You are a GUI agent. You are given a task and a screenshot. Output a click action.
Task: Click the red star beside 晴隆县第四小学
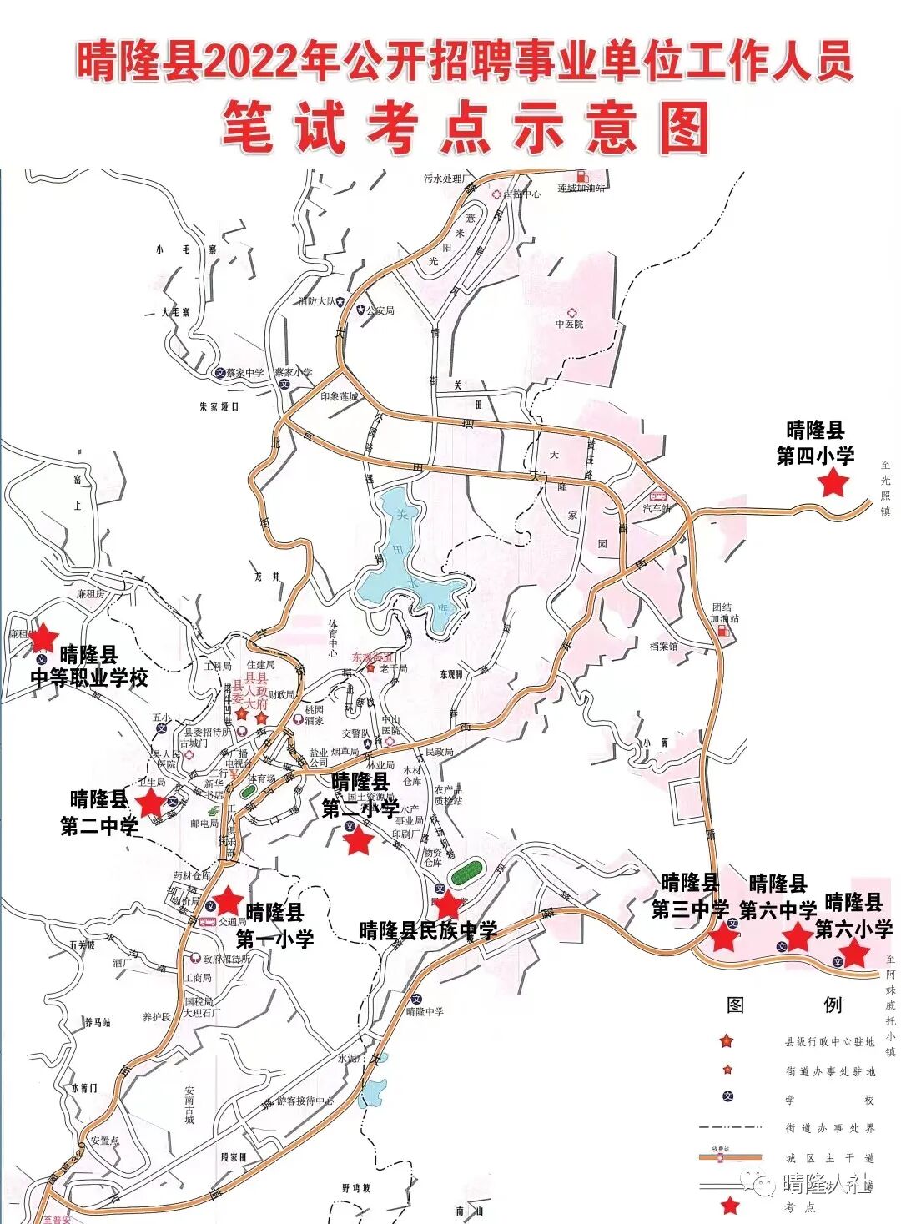pos(833,482)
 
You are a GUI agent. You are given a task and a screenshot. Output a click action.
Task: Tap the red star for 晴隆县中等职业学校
pos(43,638)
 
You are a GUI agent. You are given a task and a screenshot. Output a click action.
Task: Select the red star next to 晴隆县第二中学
pos(151,803)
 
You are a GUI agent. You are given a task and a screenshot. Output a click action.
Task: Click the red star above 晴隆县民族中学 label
pos(448,904)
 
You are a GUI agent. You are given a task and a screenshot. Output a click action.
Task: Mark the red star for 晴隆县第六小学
pos(853,953)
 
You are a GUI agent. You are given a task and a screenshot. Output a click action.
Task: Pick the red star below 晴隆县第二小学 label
pos(359,841)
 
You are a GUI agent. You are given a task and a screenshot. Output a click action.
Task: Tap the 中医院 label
pos(570,324)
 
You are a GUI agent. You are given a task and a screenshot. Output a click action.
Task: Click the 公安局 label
pos(380,310)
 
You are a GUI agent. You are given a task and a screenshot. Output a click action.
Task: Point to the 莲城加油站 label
pos(579,189)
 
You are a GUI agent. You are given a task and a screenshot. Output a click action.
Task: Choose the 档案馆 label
pos(664,646)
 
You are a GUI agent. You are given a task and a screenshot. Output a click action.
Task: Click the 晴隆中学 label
pos(425,1011)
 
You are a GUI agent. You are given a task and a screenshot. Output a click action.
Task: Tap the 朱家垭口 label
pos(219,406)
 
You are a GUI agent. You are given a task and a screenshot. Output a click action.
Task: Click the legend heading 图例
pos(783,1005)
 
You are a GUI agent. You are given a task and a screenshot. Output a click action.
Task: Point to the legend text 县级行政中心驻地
pos(829,1042)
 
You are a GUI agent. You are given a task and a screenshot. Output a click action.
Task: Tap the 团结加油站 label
pos(725,613)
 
